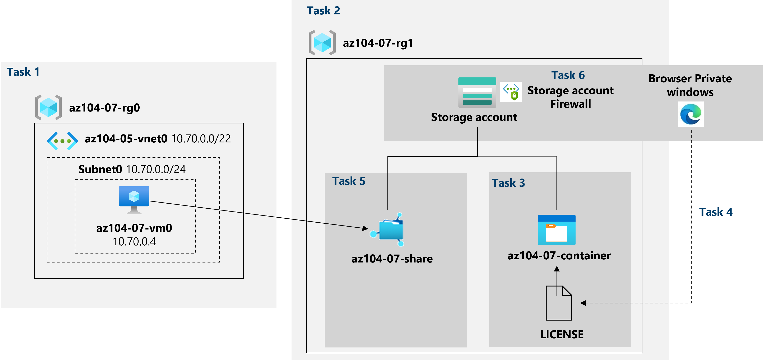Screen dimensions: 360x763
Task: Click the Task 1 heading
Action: coord(23,72)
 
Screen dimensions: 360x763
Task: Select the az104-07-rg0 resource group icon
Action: coord(48,107)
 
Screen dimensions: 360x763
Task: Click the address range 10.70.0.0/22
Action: coord(201,139)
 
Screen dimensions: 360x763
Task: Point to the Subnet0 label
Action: coord(100,169)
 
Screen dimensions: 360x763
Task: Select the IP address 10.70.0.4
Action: coord(134,242)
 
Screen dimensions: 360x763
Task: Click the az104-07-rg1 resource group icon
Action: coord(322,43)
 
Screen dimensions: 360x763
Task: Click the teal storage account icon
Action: coord(477,92)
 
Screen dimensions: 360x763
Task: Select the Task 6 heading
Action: coord(568,75)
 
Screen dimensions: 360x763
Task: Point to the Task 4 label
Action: coord(716,212)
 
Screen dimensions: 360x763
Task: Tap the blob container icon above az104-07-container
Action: coord(556,230)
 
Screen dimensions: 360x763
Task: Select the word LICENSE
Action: coord(562,335)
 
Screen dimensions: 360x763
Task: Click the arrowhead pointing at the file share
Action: coord(365,228)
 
